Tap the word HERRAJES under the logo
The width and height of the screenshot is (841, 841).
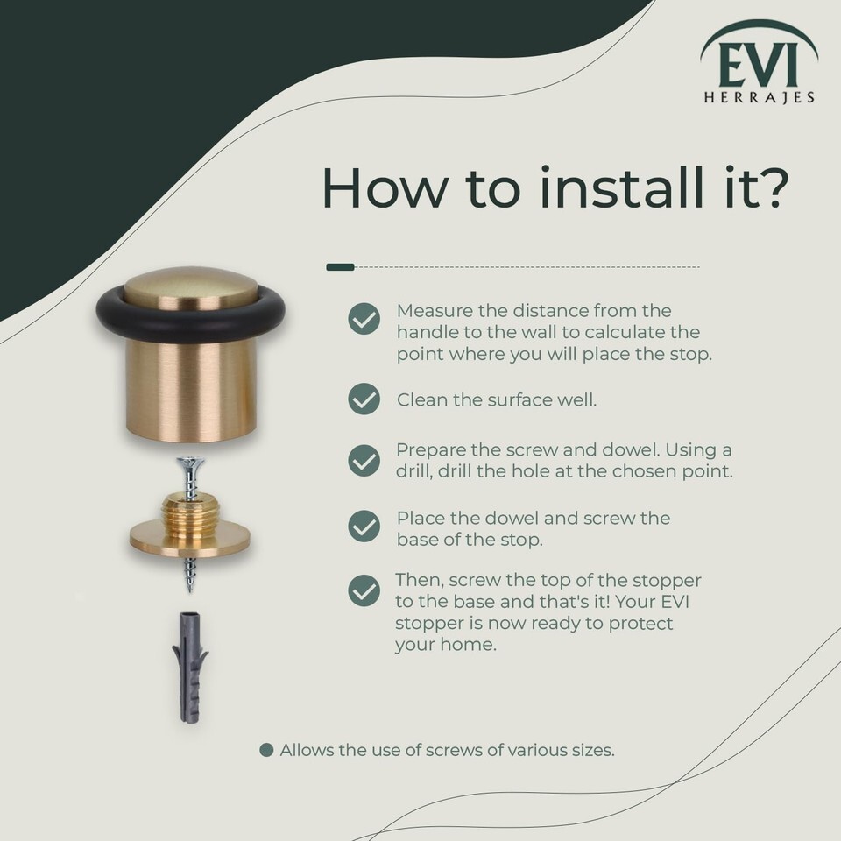pos(759,97)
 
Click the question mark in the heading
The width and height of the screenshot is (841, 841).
pos(773,187)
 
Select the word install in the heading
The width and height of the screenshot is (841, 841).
pos(621,187)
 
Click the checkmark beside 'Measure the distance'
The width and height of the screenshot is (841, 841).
pos(364,319)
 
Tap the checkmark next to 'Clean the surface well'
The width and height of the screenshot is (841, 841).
pos(364,399)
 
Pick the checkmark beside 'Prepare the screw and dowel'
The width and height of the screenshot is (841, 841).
pos(364,460)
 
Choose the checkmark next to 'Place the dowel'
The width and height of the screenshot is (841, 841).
pos(364,526)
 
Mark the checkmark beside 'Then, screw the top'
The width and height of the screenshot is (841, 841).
pos(364,590)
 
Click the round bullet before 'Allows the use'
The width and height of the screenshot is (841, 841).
pos(266,750)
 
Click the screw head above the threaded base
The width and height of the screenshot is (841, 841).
pos(189,463)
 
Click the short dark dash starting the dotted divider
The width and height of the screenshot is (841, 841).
pos(341,266)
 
